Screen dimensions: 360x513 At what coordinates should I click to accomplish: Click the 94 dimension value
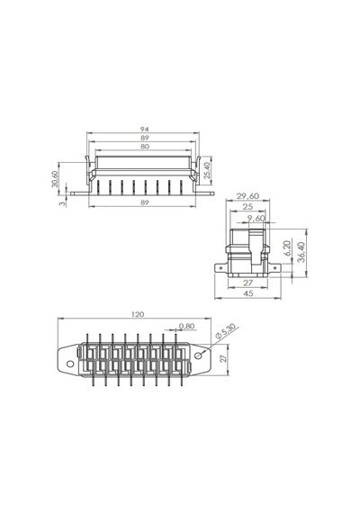(144, 130)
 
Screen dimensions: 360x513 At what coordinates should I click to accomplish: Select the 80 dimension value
(144, 147)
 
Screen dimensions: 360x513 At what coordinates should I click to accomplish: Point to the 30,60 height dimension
(55, 179)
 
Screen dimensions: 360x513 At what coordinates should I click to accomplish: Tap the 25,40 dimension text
(207, 171)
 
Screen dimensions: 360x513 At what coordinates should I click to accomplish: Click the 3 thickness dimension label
(62, 203)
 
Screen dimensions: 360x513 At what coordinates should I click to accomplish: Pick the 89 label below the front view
(144, 202)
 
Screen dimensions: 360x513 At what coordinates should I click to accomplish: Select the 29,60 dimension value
(247, 196)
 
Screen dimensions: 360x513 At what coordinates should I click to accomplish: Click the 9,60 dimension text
(256, 218)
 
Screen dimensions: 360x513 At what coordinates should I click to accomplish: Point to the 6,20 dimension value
(287, 248)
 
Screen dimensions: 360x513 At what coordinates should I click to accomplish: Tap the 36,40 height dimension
(301, 252)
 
